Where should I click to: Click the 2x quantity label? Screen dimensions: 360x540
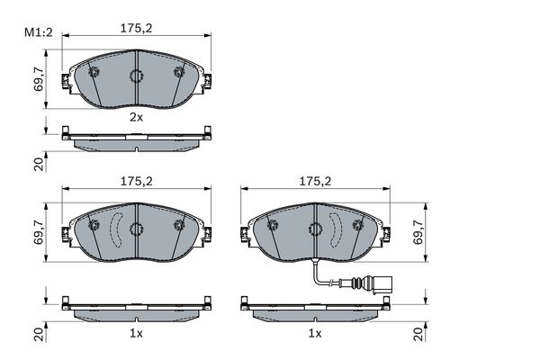click(136, 117)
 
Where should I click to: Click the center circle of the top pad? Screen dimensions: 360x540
click(136, 76)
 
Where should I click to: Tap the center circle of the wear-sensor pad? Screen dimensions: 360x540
click(316, 229)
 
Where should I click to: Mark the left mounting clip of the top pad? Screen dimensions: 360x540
click(64, 83)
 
